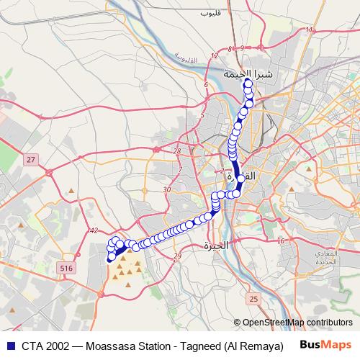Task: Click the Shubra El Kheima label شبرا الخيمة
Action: coord(249,73)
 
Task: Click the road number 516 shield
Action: coord(67,268)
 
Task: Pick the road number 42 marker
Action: coord(94,230)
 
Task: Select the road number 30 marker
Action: coord(166,189)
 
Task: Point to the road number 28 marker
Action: coord(177,150)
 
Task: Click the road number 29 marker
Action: coord(177,256)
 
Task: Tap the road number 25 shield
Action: coord(252,298)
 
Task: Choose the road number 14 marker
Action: coord(310,30)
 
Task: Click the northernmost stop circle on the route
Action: coord(248,84)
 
